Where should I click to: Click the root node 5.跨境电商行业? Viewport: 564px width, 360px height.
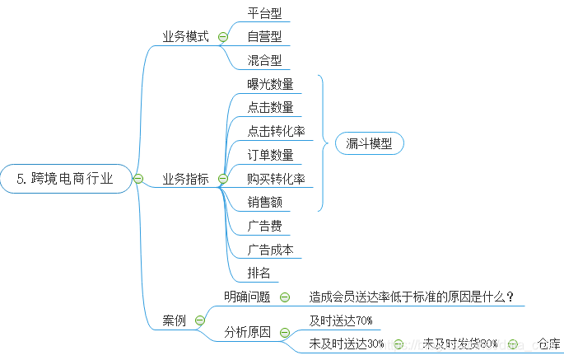point(66,178)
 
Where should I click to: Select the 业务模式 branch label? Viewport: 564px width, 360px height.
point(185,37)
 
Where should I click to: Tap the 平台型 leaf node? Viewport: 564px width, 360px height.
point(265,13)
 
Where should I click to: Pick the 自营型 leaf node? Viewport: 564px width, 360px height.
point(265,36)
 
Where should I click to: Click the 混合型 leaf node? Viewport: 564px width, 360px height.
point(265,60)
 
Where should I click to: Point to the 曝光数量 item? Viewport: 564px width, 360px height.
point(270,84)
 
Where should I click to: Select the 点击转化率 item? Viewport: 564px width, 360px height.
point(276,131)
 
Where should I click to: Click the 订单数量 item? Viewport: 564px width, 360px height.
point(270,155)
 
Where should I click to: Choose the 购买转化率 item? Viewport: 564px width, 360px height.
point(276,178)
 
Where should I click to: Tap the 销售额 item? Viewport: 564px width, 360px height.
point(264,202)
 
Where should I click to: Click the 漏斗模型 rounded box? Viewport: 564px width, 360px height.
point(369,143)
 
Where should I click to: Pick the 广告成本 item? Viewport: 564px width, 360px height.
point(270,250)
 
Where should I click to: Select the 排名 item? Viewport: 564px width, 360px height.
point(259,273)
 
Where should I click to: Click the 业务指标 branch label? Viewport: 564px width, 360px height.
point(185,178)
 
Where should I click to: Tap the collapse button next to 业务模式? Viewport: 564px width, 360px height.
point(223,37)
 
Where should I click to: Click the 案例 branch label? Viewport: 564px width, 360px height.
point(174,320)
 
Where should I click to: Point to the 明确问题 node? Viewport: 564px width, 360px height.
point(247,297)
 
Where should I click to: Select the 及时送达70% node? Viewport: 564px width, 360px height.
point(341,320)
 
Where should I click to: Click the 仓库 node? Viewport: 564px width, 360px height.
point(548,344)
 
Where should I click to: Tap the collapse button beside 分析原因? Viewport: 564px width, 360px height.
point(285,333)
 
